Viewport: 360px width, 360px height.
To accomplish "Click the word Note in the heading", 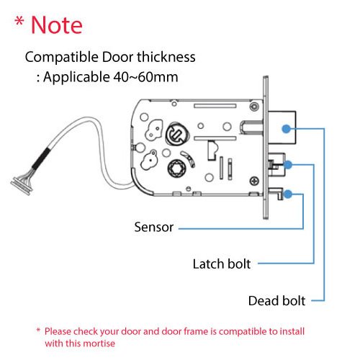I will tap(56, 25).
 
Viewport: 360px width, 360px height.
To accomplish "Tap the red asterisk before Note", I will tap(20, 23).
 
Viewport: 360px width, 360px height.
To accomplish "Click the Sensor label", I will tap(153, 228).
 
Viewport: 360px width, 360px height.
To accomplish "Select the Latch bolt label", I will tap(222, 264).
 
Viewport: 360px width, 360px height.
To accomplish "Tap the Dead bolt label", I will tap(276, 300).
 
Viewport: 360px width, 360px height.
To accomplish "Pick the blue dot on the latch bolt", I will tap(287, 165).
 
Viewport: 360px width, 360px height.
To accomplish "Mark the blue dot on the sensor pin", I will tap(287, 193).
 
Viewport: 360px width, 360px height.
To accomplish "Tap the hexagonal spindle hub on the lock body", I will tap(176, 171).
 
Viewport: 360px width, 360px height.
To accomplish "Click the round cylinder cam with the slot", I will tap(175, 134).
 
